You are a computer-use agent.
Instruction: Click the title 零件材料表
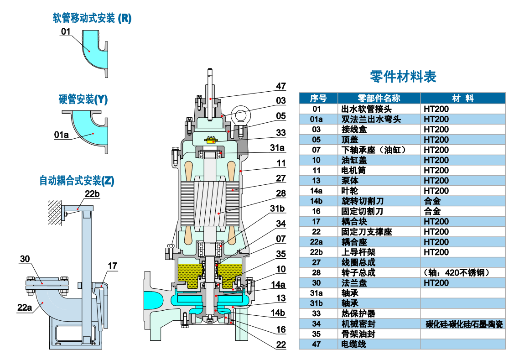[x=403, y=77]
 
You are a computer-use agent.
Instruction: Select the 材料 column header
[x=462, y=98]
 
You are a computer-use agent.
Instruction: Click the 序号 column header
[x=318, y=98]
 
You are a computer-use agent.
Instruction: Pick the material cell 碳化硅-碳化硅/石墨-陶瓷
[x=464, y=324]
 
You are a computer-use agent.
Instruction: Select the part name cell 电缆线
[x=354, y=344]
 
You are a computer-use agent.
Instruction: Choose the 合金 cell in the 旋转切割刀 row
[x=432, y=201]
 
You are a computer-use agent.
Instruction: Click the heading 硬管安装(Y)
[x=83, y=99]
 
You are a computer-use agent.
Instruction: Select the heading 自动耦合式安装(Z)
[x=77, y=181]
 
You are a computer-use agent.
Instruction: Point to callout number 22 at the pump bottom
[x=281, y=344]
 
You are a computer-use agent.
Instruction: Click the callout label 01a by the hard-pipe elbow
[x=61, y=135]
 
